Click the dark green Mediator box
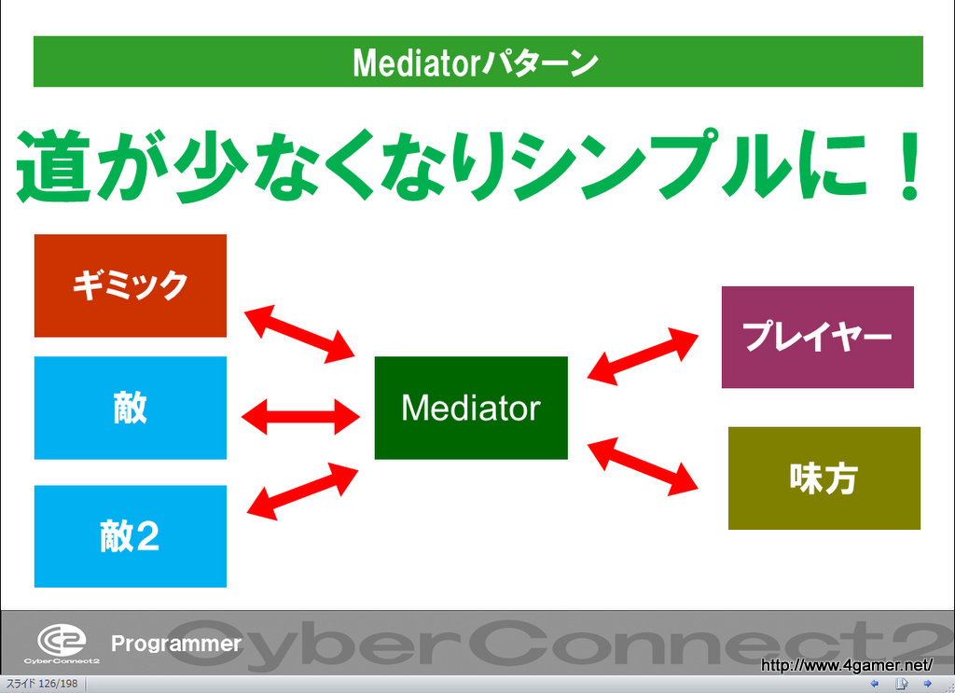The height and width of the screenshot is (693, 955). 471,408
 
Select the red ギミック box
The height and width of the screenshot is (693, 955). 131,285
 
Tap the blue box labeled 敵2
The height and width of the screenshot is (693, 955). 131,536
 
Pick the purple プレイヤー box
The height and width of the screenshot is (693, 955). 818,337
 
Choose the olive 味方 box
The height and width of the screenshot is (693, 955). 824,478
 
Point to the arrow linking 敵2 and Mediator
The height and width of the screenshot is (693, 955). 303,491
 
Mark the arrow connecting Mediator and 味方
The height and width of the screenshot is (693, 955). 643,465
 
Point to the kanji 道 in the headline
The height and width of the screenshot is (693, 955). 61,167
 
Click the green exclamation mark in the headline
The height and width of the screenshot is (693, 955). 902,167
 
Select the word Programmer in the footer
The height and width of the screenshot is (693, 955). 175,644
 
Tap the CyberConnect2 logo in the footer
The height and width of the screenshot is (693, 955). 62,643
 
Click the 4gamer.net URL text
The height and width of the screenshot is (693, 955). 847,665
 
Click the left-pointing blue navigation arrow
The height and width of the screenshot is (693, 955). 874,684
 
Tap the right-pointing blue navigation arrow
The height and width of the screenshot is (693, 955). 928,684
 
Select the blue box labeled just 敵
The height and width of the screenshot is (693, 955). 131,408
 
